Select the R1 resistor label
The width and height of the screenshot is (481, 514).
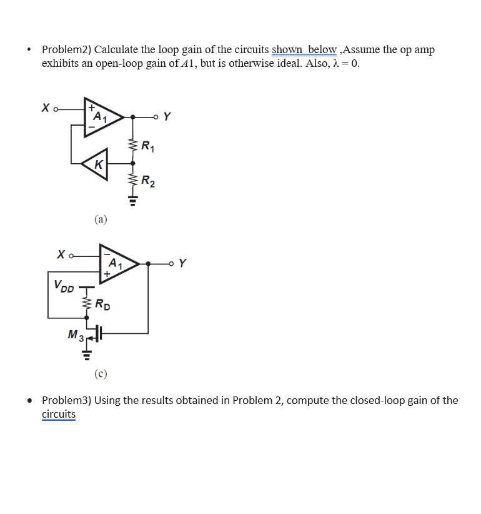click(x=148, y=148)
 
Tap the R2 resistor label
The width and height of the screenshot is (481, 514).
click(x=148, y=183)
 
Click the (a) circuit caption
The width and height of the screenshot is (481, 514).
click(x=101, y=219)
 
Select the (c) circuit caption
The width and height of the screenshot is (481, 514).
click(x=101, y=375)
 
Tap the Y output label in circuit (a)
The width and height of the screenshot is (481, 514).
click(x=167, y=116)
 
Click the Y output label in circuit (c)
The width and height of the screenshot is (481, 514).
click(x=182, y=263)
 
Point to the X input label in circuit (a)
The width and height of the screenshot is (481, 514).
click(x=45, y=108)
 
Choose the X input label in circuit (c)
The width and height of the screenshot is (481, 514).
click(x=61, y=254)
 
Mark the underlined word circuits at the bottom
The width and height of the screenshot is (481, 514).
click(x=59, y=414)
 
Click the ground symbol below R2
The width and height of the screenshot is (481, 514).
click(x=132, y=201)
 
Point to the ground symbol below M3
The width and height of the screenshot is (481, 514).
click(x=87, y=358)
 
